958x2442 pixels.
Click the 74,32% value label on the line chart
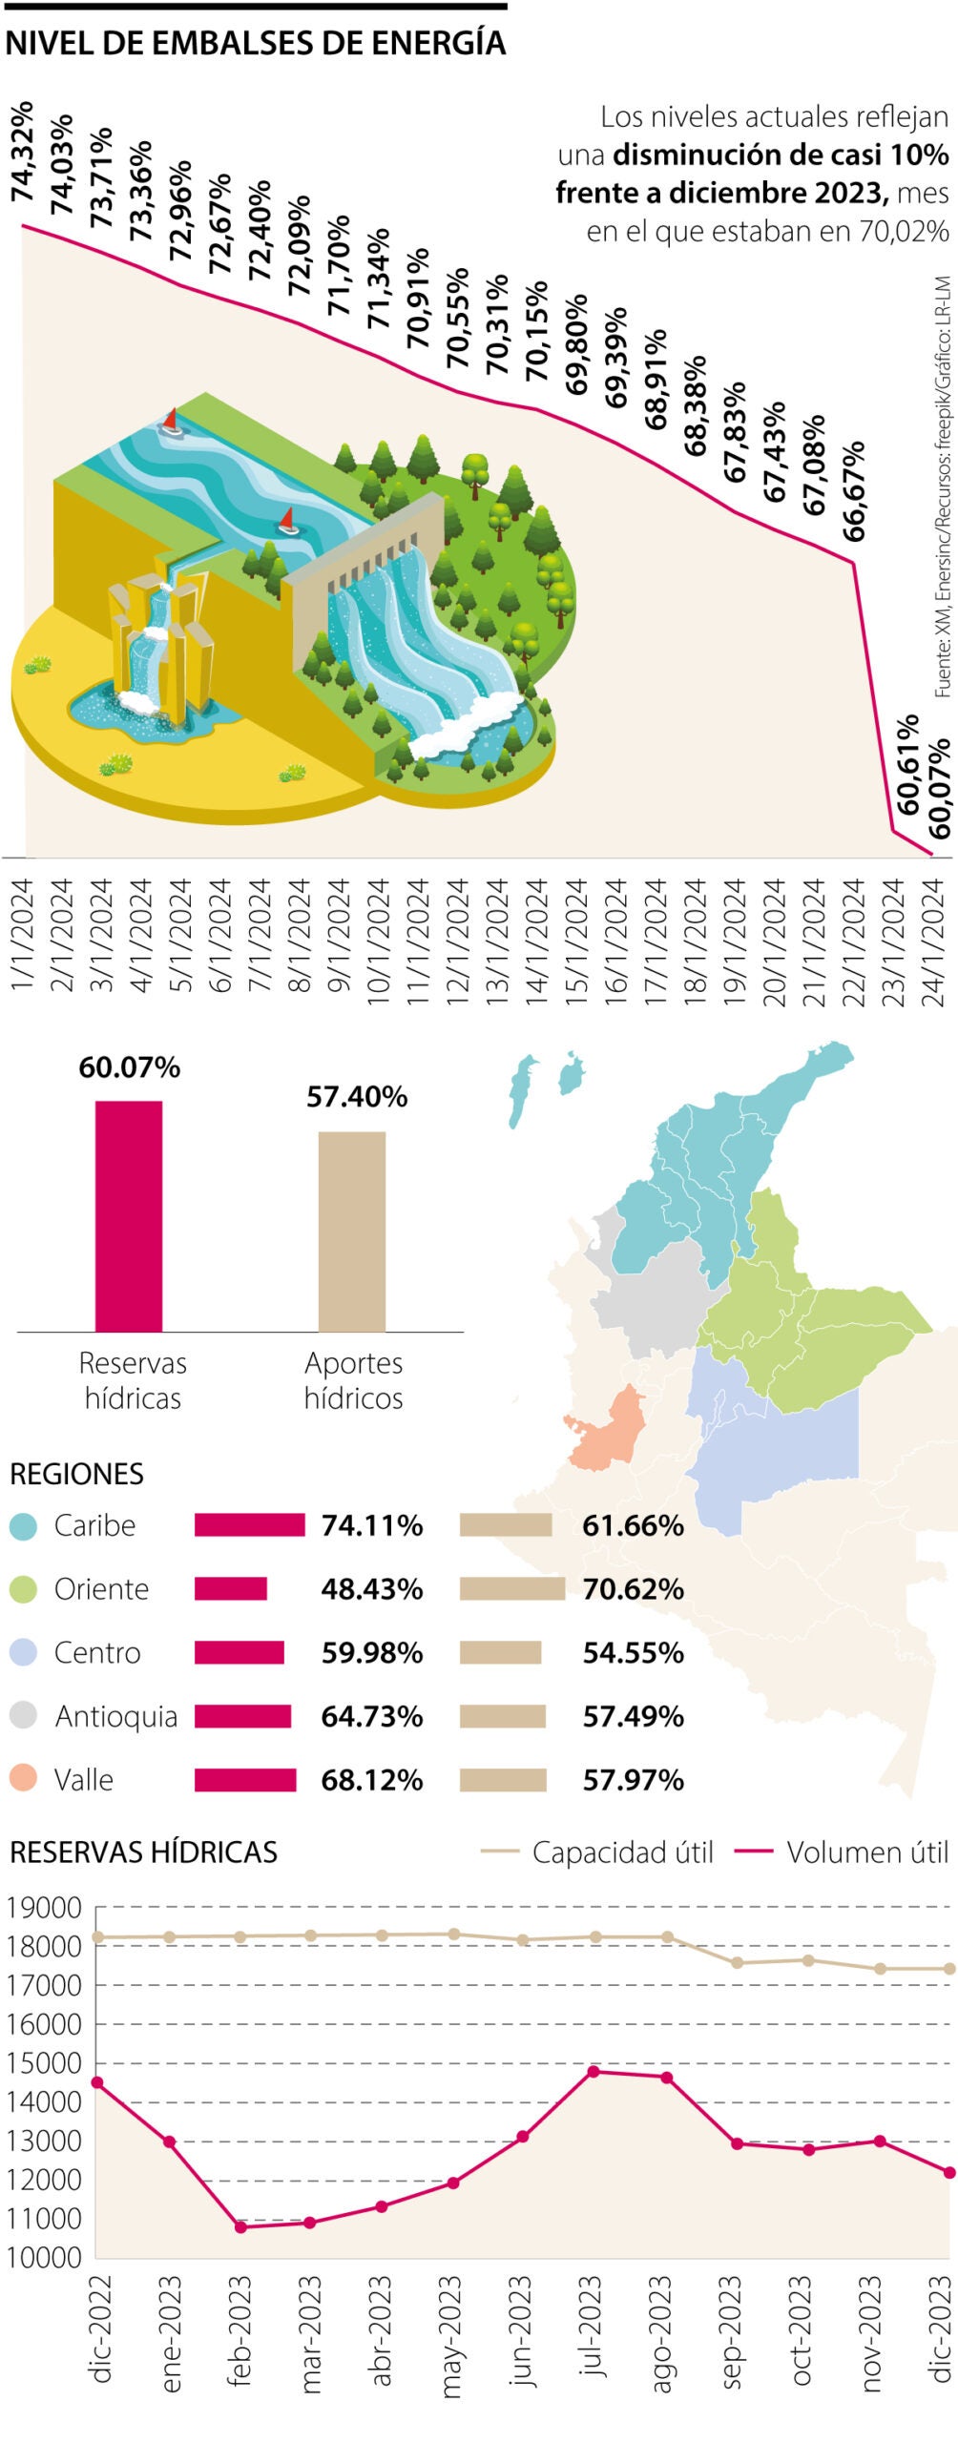coord(23,152)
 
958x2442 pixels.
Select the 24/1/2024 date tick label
coord(935,942)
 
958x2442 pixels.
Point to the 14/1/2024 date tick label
coord(537,942)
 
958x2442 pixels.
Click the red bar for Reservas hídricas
coord(129,1215)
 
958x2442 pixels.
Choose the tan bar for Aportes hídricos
coord(352,1231)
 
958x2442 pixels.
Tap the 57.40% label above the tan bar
coord(357,1097)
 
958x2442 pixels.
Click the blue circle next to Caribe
coord(23,1526)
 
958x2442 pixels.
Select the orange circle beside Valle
coord(23,1778)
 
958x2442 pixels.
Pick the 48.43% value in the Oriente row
coord(371,1589)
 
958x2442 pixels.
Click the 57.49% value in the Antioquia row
coord(633,1716)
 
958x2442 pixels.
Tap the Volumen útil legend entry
coord(866,1852)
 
